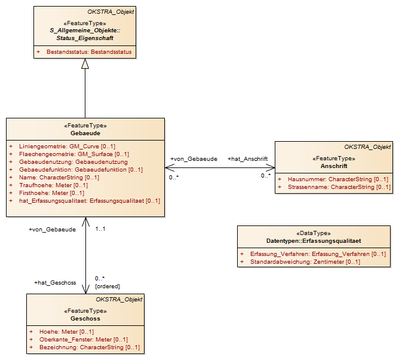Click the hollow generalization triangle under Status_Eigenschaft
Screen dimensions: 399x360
85,64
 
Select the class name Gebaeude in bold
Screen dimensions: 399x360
85,133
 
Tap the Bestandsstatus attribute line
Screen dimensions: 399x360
89,52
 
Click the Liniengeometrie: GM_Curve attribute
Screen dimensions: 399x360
67,147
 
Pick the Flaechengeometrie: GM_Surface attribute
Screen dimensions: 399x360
74,154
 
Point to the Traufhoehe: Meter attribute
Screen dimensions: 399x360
53,185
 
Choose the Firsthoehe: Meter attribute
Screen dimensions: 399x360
51,193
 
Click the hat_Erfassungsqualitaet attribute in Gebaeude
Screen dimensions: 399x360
90,201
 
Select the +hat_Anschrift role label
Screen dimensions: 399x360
248,159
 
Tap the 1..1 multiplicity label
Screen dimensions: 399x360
100,229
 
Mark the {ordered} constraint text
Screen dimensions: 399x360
108,286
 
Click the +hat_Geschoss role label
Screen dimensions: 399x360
55,283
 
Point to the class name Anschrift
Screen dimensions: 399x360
334,166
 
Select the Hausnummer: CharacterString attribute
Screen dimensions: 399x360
338,179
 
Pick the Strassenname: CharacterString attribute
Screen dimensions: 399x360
339,187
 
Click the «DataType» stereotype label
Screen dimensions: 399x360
314,233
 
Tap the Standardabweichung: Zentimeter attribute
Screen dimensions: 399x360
305,262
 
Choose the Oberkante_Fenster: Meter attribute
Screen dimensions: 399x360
84,340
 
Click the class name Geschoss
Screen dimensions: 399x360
85,319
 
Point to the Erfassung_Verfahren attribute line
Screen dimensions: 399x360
318,254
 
